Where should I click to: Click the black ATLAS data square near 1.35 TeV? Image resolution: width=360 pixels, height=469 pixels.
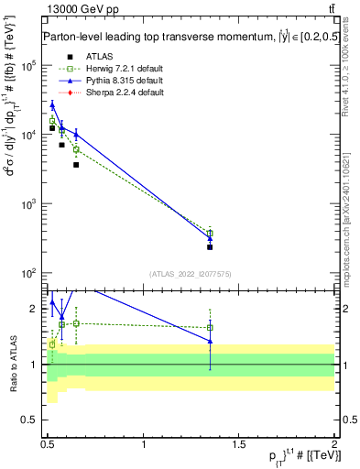click(210, 247)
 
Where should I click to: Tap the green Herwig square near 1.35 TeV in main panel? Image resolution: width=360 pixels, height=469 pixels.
click(210, 234)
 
